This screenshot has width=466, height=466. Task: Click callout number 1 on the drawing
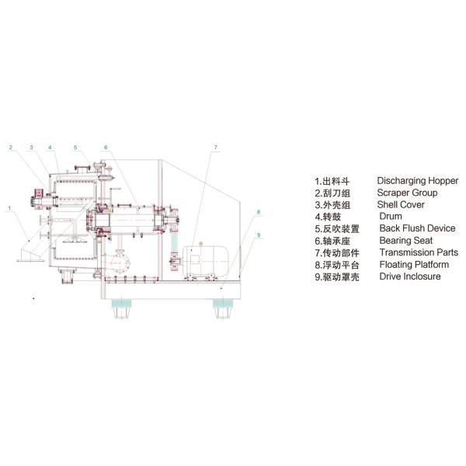point(9,208)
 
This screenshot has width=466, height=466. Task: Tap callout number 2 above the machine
point(11,147)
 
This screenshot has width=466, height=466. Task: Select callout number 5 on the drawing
point(75,147)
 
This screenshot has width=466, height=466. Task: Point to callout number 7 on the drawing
point(216,147)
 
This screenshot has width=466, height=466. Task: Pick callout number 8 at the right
point(259,211)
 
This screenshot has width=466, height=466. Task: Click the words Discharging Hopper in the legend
point(417,181)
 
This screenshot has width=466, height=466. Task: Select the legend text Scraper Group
point(407,193)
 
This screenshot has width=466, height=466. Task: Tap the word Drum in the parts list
point(390,217)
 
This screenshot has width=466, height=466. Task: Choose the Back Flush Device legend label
point(417,228)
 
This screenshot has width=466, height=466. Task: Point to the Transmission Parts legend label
point(419,252)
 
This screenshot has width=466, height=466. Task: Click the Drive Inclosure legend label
point(410,276)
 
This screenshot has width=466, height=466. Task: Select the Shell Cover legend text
point(401,205)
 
